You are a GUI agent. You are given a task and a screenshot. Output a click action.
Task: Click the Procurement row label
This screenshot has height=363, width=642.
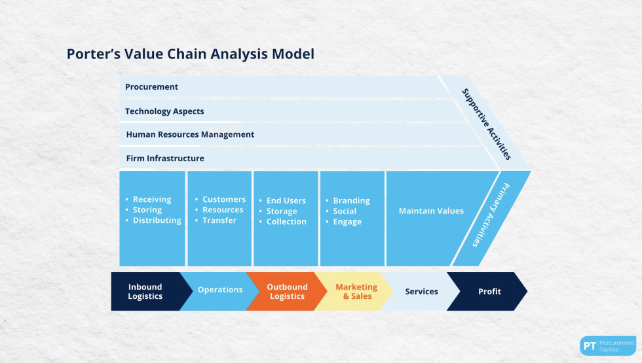pos(151,86)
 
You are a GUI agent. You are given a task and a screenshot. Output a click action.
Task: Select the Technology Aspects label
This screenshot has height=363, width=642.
pos(164,111)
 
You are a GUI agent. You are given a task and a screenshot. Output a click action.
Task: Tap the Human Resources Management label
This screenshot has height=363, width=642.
pos(189,134)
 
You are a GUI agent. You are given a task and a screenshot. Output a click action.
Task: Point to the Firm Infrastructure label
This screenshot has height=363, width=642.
pos(164,158)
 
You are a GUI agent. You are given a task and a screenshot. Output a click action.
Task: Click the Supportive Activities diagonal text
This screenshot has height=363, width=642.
pos(485,124)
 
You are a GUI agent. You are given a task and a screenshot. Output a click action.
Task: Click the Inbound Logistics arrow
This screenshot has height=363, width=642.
pos(145,292)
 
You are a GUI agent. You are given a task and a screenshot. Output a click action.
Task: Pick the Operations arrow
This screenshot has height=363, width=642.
pos(220,290)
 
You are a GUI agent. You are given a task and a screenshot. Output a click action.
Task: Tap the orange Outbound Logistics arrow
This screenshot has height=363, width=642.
pos(286,292)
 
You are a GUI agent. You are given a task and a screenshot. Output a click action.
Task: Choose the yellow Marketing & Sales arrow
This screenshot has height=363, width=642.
pos(356,292)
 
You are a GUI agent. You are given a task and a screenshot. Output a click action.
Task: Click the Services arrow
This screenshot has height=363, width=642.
pos(421,292)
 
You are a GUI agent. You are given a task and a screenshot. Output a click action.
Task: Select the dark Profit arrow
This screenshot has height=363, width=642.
pos(489,292)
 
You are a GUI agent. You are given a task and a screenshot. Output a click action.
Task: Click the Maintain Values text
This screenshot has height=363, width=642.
pos(431,211)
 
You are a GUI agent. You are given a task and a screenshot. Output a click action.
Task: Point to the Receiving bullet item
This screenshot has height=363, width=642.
pos(151,199)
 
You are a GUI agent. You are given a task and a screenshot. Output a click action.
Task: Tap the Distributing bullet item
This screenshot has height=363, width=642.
pos(157,220)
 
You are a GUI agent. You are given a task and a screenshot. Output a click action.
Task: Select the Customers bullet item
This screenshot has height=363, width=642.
pos(223,199)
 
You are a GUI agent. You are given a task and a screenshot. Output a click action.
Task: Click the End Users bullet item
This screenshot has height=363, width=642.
pos(286,201)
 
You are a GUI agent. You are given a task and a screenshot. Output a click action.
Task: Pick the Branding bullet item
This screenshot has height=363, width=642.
pos(351,201)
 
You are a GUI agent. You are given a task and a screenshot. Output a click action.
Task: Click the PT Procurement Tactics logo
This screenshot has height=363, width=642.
pos(607,345)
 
